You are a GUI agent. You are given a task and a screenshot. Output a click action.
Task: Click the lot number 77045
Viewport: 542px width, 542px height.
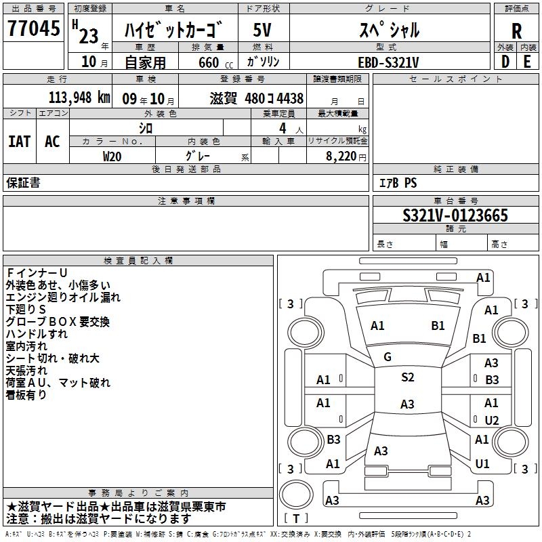point(33,28)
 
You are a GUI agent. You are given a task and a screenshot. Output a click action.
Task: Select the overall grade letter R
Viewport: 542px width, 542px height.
point(516,31)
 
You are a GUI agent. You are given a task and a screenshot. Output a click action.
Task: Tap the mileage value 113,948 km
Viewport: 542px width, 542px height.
point(79,98)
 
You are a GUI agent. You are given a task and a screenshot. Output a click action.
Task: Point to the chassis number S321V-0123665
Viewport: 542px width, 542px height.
point(455,215)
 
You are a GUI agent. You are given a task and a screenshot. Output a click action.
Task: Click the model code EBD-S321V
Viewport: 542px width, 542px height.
point(388,62)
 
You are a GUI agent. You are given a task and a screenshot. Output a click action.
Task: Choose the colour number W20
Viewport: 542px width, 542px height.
point(112,157)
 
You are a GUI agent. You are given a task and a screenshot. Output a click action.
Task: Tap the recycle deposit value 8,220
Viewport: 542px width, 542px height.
point(341,157)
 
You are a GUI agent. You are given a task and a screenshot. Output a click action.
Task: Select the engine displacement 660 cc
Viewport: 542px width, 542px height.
point(215,63)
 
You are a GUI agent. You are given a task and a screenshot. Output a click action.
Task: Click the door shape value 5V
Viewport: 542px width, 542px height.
point(262,30)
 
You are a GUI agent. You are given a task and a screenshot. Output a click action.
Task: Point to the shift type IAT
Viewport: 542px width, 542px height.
point(20,142)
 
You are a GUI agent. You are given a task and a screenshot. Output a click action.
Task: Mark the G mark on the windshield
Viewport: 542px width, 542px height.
point(388,357)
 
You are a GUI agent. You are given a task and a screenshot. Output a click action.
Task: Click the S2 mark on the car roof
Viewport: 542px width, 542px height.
point(408,377)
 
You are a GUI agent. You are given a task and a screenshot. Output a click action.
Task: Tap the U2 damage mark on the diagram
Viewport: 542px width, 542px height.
point(492,420)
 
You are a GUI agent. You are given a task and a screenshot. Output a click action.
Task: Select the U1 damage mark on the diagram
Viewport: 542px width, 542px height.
point(482,464)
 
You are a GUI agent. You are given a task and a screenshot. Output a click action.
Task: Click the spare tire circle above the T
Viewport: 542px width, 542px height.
point(296,494)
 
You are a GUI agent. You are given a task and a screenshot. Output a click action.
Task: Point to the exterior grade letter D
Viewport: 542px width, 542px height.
point(505,62)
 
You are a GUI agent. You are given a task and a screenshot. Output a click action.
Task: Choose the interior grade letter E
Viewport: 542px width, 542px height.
point(527,62)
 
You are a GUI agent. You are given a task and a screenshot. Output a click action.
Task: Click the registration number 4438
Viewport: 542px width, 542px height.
point(290,98)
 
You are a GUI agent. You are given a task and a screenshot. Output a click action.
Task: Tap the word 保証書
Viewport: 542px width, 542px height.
point(23,183)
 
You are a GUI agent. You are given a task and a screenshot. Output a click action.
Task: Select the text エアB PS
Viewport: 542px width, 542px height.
point(398,183)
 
